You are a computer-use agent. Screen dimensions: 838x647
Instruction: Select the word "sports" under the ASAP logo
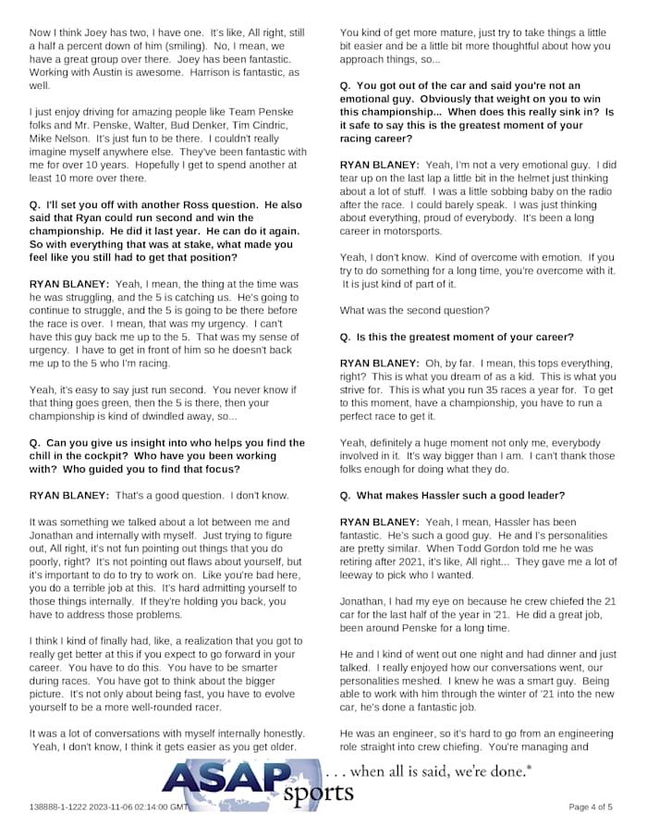point(317,794)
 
